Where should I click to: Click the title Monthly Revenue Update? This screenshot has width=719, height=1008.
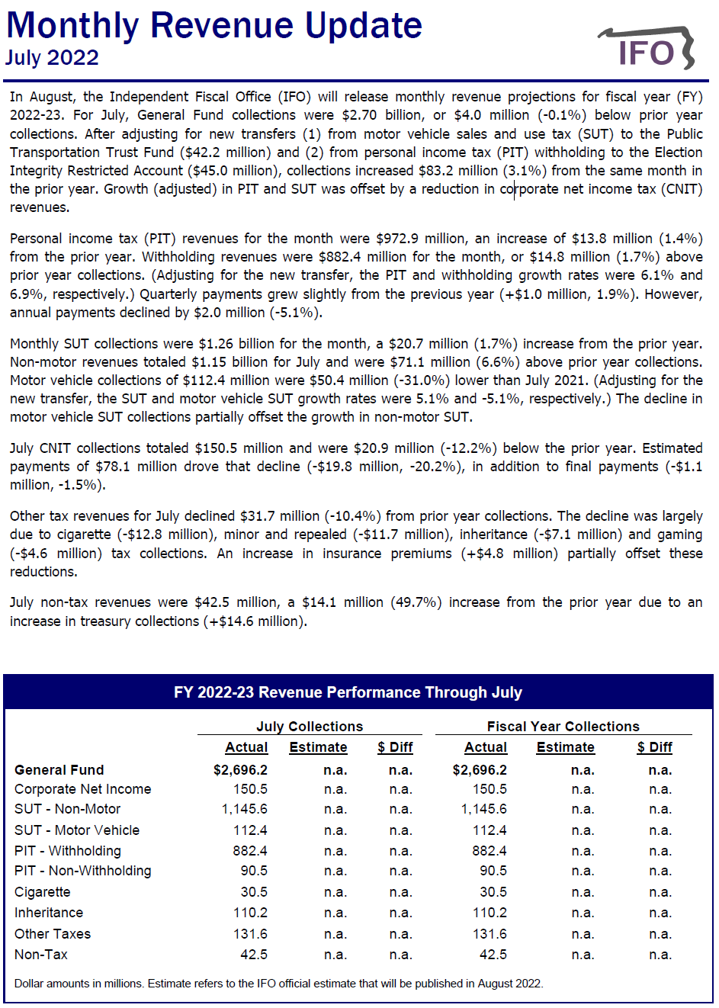[214, 25]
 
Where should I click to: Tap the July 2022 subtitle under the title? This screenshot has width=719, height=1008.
[52, 58]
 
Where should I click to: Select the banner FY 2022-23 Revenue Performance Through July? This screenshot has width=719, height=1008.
[348, 692]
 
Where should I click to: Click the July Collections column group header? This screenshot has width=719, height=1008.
[310, 727]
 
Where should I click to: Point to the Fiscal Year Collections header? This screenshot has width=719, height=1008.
[563, 727]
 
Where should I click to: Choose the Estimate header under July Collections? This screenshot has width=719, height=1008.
[318, 747]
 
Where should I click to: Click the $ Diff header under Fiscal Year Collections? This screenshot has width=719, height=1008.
[654, 747]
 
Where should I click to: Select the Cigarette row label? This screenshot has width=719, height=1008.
[43, 892]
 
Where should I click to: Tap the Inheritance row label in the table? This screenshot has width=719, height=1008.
[49, 913]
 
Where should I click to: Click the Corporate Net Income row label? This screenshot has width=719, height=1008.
[82, 789]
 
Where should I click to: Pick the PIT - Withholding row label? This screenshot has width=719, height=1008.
[68, 851]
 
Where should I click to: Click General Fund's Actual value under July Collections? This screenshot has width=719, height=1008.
[240, 770]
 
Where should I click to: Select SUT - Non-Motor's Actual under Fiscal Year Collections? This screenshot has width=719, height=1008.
[483, 809]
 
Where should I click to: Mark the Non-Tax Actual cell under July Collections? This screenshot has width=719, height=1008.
[254, 955]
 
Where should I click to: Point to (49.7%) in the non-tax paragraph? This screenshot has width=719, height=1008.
[416, 602]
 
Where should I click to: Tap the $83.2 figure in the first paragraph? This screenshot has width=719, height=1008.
[441, 171]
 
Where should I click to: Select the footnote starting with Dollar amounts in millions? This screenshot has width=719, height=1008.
[278, 984]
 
